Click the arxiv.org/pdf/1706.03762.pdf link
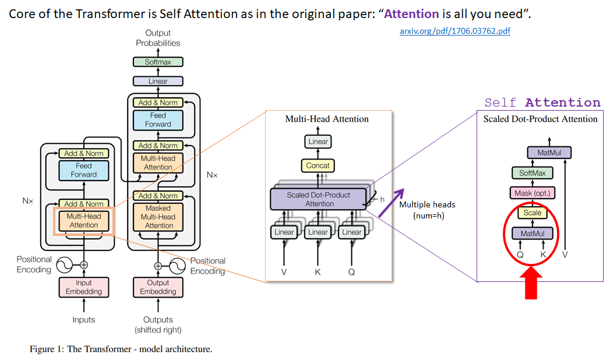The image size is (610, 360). [x=455, y=31]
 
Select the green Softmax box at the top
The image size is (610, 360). [x=158, y=62]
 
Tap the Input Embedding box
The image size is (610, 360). [x=84, y=287]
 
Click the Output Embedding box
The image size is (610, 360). [x=158, y=287]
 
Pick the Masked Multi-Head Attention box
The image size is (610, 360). [x=158, y=216]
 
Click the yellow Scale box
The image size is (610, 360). [x=532, y=213]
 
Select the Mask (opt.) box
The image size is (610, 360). [x=532, y=193]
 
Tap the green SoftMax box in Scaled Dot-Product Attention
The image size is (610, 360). [x=532, y=173]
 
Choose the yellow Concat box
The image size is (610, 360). [x=318, y=166]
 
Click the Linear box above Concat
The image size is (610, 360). [x=318, y=142]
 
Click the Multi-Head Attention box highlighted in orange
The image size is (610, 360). [x=84, y=220]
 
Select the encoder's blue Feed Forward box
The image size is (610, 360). [x=84, y=170]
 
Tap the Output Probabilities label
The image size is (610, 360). [x=158, y=38]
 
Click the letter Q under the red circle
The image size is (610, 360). [x=520, y=255]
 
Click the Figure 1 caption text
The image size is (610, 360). [x=121, y=350]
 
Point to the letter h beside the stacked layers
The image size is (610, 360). [x=382, y=199]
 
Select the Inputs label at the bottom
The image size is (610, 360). [x=84, y=320]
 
